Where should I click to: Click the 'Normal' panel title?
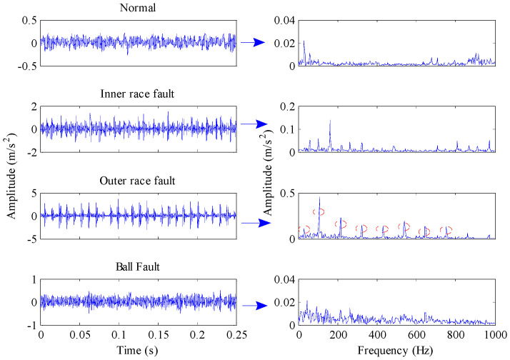[139, 9]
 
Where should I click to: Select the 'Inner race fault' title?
[139, 96]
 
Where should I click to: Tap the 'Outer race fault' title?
[139, 182]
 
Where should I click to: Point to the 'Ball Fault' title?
[139, 269]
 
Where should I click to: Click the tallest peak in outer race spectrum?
[319, 198]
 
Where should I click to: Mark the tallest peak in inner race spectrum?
[330, 121]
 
